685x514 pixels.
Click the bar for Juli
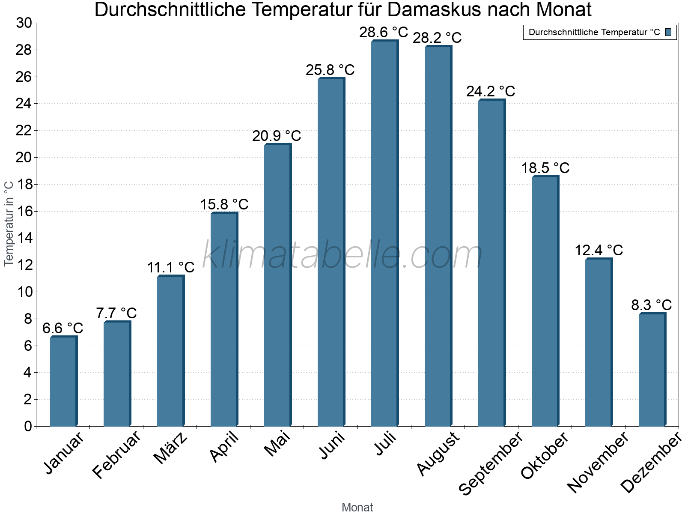click(384, 233)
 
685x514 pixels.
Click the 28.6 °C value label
click(384, 32)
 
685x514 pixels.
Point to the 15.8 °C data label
click(224, 204)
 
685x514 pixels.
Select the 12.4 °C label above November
click(599, 250)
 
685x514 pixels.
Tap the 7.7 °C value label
click(116, 313)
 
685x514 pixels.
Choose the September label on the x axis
click(491, 463)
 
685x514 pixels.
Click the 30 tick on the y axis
click(24, 23)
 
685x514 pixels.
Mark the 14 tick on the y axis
click(24, 238)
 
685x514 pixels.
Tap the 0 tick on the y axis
click(28, 426)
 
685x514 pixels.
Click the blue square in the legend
click(668, 32)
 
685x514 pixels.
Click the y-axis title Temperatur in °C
click(9, 224)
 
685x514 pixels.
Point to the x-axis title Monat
click(357, 507)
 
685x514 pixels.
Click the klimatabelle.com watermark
click(342, 255)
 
